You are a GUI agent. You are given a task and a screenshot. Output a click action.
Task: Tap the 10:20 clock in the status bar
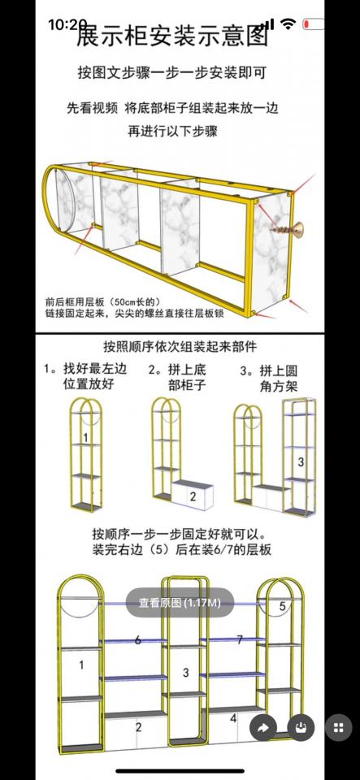(67, 25)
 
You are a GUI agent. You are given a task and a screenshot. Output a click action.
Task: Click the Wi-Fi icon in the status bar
(288, 24)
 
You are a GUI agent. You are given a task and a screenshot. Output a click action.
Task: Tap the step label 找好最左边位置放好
(85, 376)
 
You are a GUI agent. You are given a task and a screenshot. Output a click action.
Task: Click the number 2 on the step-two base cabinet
(193, 496)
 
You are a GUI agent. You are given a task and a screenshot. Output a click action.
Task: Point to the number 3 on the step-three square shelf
(300, 462)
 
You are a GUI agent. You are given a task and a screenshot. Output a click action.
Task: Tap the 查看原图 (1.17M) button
(180, 603)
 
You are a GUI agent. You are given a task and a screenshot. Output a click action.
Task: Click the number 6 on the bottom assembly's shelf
(137, 640)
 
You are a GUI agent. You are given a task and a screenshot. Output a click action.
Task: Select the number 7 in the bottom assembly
(239, 640)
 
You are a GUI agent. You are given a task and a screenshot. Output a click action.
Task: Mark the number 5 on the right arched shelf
(282, 606)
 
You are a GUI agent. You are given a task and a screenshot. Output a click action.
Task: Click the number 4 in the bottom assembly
(232, 717)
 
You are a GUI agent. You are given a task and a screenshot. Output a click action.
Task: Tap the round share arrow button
(262, 728)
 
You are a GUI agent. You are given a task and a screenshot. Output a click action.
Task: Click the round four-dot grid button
(339, 727)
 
